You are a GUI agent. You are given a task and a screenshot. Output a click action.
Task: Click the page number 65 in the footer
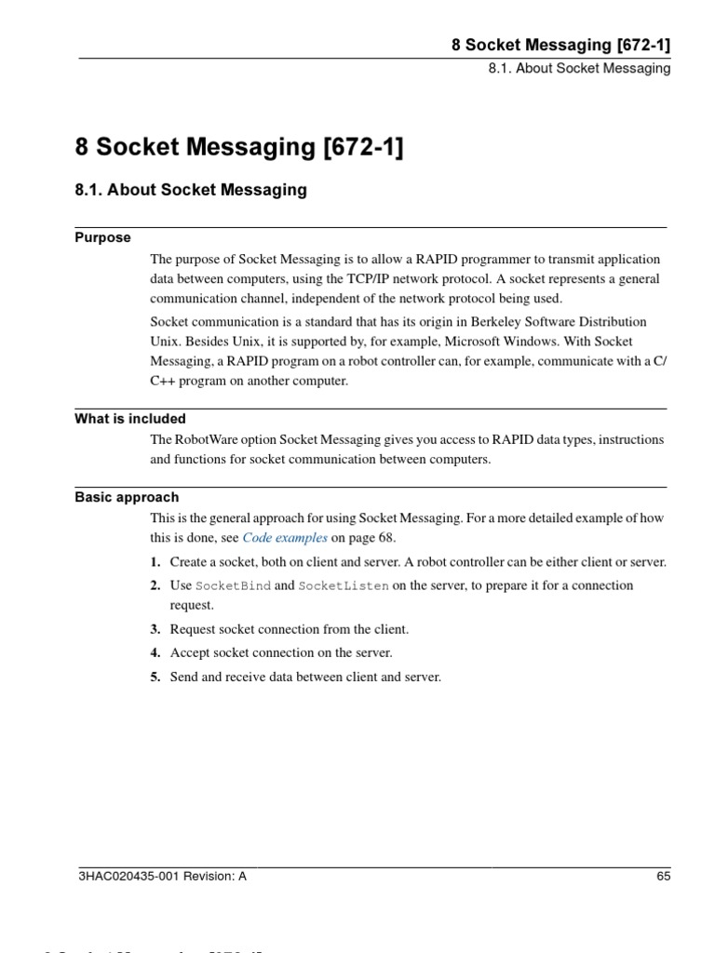click(663, 876)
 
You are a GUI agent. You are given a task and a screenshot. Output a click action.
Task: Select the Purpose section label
click(102, 237)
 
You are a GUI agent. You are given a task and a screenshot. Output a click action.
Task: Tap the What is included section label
click(130, 419)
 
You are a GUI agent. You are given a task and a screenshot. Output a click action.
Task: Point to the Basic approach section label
click(127, 497)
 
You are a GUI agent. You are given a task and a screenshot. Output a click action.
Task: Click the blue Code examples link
click(285, 538)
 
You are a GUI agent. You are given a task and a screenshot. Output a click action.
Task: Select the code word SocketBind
click(233, 585)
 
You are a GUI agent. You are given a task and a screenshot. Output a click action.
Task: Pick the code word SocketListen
click(344, 585)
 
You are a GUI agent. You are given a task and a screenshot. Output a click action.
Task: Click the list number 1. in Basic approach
click(155, 562)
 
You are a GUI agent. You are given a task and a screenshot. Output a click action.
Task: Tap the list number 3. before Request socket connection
click(155, 630)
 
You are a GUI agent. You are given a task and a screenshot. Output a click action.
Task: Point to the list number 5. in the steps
click(155, 677)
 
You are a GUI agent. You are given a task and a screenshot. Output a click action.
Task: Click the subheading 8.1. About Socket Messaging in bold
click(191, 190)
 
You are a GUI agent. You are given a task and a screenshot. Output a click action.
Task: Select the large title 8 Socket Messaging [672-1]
click(239, 147)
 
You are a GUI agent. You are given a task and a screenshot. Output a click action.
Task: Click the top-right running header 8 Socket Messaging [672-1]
click(561, 44)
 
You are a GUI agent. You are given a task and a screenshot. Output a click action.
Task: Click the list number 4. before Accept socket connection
click(155, 653)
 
